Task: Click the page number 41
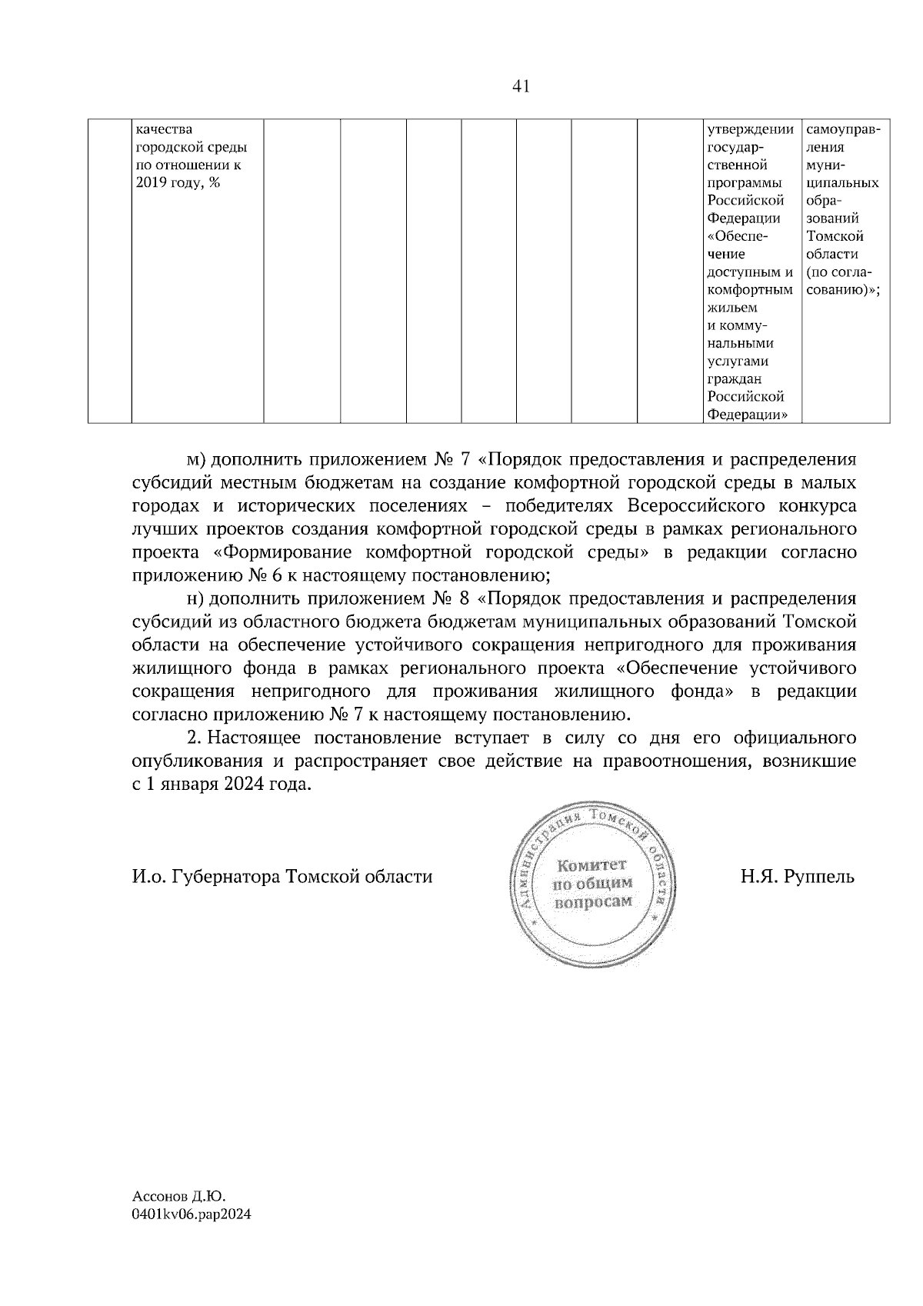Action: pyautogui.click(x=521, y=87)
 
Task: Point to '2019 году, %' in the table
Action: pyautogui.click(x=178, y=183)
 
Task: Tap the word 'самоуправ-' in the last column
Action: pyautogui.click(x=844, y=129)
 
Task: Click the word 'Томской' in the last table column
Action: pyautogui.click(x=835, y=236)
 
